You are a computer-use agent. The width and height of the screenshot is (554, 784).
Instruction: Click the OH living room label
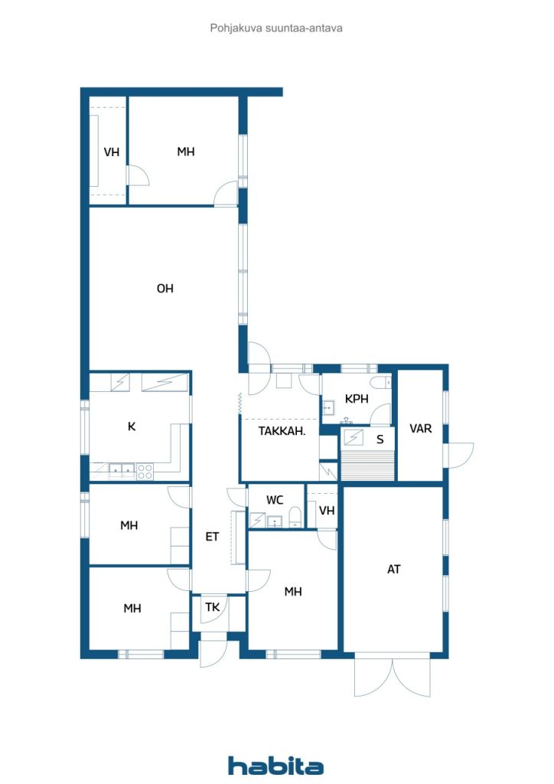coord(165,289)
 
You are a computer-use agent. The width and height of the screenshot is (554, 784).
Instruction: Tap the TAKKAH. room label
coord(282,431)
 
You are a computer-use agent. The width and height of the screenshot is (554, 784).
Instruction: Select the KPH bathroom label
coord(357,399)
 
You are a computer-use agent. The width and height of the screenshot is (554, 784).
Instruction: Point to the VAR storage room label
coord(421,429)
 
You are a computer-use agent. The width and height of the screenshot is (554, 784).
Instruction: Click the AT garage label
coord(393,569)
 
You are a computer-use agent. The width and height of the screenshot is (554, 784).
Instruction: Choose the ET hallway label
coord(212,537)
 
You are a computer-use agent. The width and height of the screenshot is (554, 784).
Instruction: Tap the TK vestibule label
coord(212,607)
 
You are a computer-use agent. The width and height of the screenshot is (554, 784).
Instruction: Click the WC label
coord(275,500)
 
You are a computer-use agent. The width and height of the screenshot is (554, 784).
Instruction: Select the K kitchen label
coord(132,426)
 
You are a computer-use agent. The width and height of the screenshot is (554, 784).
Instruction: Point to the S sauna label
coord(380,439)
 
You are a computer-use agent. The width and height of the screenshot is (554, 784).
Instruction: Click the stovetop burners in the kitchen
coord(145,471)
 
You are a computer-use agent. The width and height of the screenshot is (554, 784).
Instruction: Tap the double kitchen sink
coord(122,470)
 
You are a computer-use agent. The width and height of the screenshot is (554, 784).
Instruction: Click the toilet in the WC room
coord(295,518)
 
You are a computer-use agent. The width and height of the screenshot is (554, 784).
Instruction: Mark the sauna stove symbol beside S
coord(354,437)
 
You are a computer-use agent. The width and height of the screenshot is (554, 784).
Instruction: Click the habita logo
coord(275,766)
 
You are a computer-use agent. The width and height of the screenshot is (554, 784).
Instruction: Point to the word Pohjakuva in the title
coord(236,28)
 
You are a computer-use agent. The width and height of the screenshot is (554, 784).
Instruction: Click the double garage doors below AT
coord(392,675)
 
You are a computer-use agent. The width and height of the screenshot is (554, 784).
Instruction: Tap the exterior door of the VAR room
coord(460,456)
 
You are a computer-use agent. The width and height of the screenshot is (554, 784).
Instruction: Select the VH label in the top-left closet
coord(112,152)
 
